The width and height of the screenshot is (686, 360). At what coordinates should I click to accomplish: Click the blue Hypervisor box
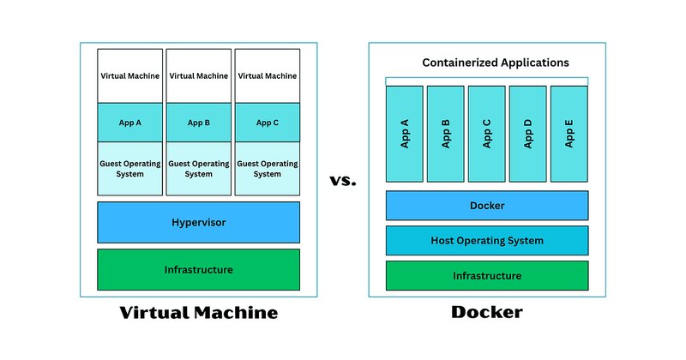[x=199, y=222]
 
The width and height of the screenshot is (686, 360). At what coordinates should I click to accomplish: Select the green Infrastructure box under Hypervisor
[x=199, y=269]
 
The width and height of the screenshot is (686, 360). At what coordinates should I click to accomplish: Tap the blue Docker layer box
[x=487, y=205]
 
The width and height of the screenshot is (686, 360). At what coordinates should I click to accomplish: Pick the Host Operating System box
[x=487, y=240]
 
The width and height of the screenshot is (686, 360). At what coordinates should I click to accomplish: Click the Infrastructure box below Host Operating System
[x=487, y=276]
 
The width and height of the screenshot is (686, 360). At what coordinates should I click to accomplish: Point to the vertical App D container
[x=527, y=134]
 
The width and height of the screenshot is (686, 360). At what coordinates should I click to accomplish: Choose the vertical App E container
[x=569, y=134]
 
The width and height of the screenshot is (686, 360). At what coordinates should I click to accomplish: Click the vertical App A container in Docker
[x=404, y=134]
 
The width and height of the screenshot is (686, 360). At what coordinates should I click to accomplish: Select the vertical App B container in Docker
[x=445, y=134]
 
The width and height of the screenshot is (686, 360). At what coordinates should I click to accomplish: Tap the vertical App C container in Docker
[x=486, y=134]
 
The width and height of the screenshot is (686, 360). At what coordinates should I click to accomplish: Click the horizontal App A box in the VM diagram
[x=130, y=123]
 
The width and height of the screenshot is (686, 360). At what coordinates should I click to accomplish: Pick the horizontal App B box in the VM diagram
[x=199, y=123]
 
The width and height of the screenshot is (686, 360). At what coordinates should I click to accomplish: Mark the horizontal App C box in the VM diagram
[x=268, y=123]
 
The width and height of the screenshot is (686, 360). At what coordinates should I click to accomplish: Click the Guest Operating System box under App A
[x=130, y=168]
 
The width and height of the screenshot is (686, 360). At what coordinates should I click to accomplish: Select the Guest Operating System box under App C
[x=268, y=168]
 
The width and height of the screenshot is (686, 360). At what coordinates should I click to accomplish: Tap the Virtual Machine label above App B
[x=199, y=75]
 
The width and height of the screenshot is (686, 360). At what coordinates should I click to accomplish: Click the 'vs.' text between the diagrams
[x=343, y=180]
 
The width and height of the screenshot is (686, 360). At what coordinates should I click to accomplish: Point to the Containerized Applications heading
[x=496, y=63]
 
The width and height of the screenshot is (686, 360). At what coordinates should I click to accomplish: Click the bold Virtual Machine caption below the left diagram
[x=199, y=312]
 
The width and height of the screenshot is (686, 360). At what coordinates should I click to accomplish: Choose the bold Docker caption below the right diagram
[x=487, y=312]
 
